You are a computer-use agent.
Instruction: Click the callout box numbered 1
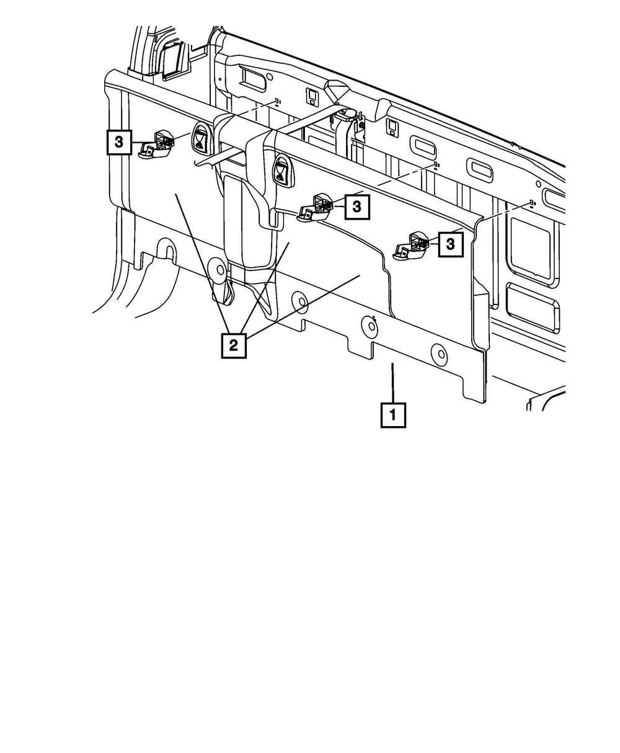(393, 416)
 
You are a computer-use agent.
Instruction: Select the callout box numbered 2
(234, 346)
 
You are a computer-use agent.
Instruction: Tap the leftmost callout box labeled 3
(119, 142)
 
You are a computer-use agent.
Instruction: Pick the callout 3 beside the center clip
(357, 207)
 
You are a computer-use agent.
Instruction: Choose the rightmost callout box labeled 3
(451, 244)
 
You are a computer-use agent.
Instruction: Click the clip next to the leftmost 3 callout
(156, 145)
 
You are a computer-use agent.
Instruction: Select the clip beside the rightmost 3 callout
(411, 246)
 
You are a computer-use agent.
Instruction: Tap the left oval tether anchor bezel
(200, 136)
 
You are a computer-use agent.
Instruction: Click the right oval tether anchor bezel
(282, 171)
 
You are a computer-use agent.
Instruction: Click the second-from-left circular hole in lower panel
(299, 301)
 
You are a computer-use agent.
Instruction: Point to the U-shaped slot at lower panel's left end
(167, 248)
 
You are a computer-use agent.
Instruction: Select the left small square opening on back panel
(311, 96)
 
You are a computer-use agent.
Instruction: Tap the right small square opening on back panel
(392, 127)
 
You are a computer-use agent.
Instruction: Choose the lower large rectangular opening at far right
(533, 308)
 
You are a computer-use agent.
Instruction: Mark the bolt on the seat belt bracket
(360, 125)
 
